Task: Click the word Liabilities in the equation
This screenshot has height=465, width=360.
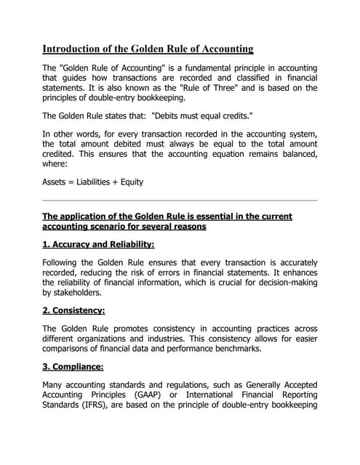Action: point(102,182)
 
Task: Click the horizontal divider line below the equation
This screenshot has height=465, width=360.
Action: point(180,200)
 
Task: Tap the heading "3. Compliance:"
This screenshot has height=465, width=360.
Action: point(73,366)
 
